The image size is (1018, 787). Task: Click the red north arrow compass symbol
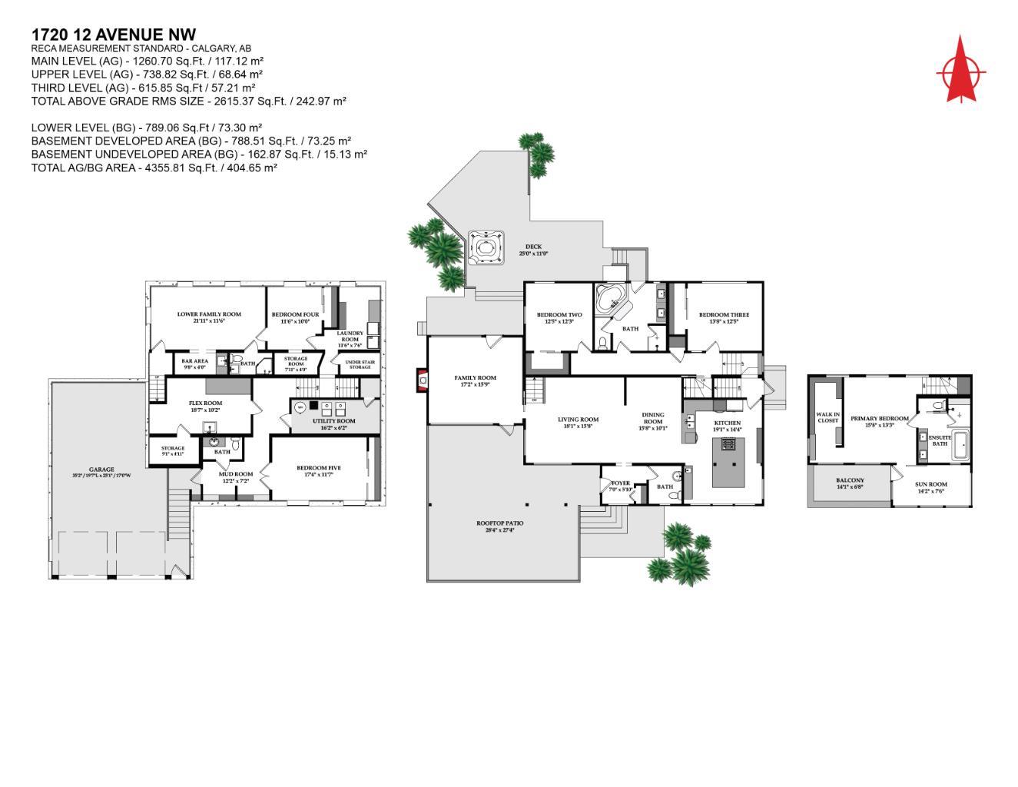coord(960,71)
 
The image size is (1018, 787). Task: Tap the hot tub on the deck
coord(485,247)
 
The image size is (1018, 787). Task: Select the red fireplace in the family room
coord(420,380)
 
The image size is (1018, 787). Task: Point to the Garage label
coord(101,469)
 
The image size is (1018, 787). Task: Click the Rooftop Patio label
coord(500,523)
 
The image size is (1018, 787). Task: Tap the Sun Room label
coord(931,484)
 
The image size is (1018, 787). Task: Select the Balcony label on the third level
coord(850,480)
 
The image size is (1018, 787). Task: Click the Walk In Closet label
coord(827,417)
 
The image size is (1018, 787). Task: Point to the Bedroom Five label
coord(319,467)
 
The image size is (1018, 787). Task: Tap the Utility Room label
coord(333,421)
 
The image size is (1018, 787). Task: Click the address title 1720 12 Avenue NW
coord(114,35)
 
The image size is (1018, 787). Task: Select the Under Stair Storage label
coord(360,364)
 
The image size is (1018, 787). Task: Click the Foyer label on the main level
coord(620,483)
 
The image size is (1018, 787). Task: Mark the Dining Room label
coord(653,418)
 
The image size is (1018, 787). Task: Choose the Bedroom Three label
coord(724,314)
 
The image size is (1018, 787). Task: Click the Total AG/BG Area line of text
coord(154,168)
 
